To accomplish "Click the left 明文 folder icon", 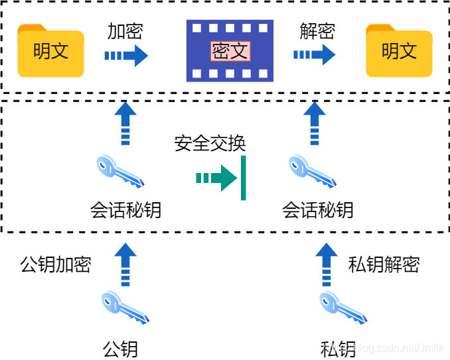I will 50,51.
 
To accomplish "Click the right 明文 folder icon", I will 399,51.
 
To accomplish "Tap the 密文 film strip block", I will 230,51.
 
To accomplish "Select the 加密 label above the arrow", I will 125,31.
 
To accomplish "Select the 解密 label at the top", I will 317,31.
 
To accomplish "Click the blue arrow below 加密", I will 126,56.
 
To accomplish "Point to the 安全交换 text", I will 210,143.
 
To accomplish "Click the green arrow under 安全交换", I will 216,178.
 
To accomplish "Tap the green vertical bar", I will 244,178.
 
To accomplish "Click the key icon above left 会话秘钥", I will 120,171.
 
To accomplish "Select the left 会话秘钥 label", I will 125,210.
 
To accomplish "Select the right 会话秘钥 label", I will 318,210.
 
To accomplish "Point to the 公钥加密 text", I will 56,265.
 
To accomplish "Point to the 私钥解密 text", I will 384,265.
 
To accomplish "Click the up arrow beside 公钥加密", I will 125,264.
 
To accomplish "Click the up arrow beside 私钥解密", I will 326,264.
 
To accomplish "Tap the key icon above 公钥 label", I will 125,308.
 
